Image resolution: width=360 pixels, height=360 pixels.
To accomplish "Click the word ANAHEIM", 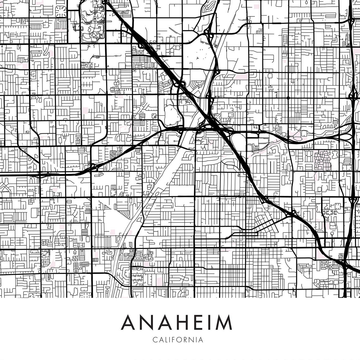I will click(177, 322).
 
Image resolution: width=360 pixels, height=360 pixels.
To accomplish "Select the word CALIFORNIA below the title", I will click(177, 340).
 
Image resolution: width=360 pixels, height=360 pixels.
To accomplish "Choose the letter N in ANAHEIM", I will click(145, 322).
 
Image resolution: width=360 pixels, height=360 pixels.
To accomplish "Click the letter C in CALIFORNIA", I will click(154, 340).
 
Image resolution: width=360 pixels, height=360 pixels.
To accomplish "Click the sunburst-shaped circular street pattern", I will click(61, 11).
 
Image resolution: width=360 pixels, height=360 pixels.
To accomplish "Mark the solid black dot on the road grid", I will click(288, 98).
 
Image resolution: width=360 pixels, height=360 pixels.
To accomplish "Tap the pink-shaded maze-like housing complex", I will click(322, 160).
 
